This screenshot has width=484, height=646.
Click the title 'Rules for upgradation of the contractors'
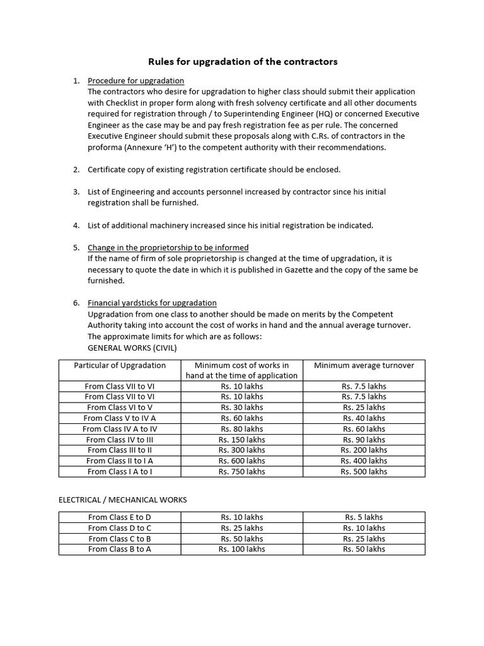click(x=243, y=62)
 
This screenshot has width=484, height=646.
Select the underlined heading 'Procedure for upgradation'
click(x=135, y=81)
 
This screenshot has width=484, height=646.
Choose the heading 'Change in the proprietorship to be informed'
click(x=168, y=247)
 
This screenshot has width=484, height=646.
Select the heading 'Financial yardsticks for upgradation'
click(x=152, y=303)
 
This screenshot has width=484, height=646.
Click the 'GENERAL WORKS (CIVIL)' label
click(x=132, y=348)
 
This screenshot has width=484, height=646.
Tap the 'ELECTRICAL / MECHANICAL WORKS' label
click(x=123, y=500)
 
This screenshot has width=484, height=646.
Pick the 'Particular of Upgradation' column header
click(x=120, y=365)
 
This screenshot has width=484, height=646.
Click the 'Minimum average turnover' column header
click(x=364, y=365)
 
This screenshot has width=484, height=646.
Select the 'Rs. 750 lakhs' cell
click(x=242, y=471)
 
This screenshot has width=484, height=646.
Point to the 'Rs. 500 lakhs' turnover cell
click(x=364, y=471)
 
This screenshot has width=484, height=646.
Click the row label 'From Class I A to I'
click(x=120, y=471)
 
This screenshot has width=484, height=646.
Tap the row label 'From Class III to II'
click(x=120, y=450)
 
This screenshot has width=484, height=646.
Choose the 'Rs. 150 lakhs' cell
click(x=242, y=440)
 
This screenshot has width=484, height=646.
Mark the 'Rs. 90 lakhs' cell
click(x=364, y=440)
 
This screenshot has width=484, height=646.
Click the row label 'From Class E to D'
click(x=120, y=517)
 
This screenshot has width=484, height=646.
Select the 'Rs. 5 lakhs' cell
click(x=364, y=517)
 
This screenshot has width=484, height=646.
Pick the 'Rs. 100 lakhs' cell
click(x=242, y=549)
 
